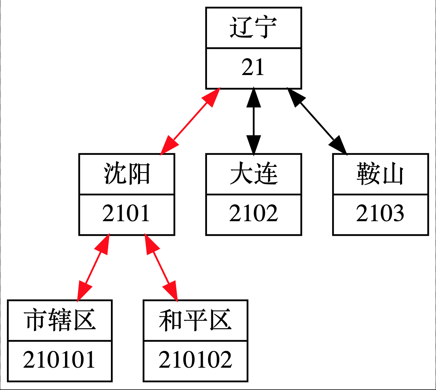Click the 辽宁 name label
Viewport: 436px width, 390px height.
253,27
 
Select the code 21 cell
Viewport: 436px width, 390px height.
253,68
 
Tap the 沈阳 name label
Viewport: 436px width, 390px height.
126,174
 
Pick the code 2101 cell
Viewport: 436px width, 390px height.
126,214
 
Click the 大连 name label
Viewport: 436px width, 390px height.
253,174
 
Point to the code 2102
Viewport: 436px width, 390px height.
253,214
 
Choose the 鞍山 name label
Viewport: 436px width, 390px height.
380,174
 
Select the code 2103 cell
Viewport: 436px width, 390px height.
380,214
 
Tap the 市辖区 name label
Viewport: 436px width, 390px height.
60,320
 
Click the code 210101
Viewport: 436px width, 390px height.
60,360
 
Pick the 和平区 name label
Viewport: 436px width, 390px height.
195,320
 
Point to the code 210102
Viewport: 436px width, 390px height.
195,360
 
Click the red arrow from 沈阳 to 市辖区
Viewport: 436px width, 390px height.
93,267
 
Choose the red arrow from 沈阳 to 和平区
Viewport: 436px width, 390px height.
161,267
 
